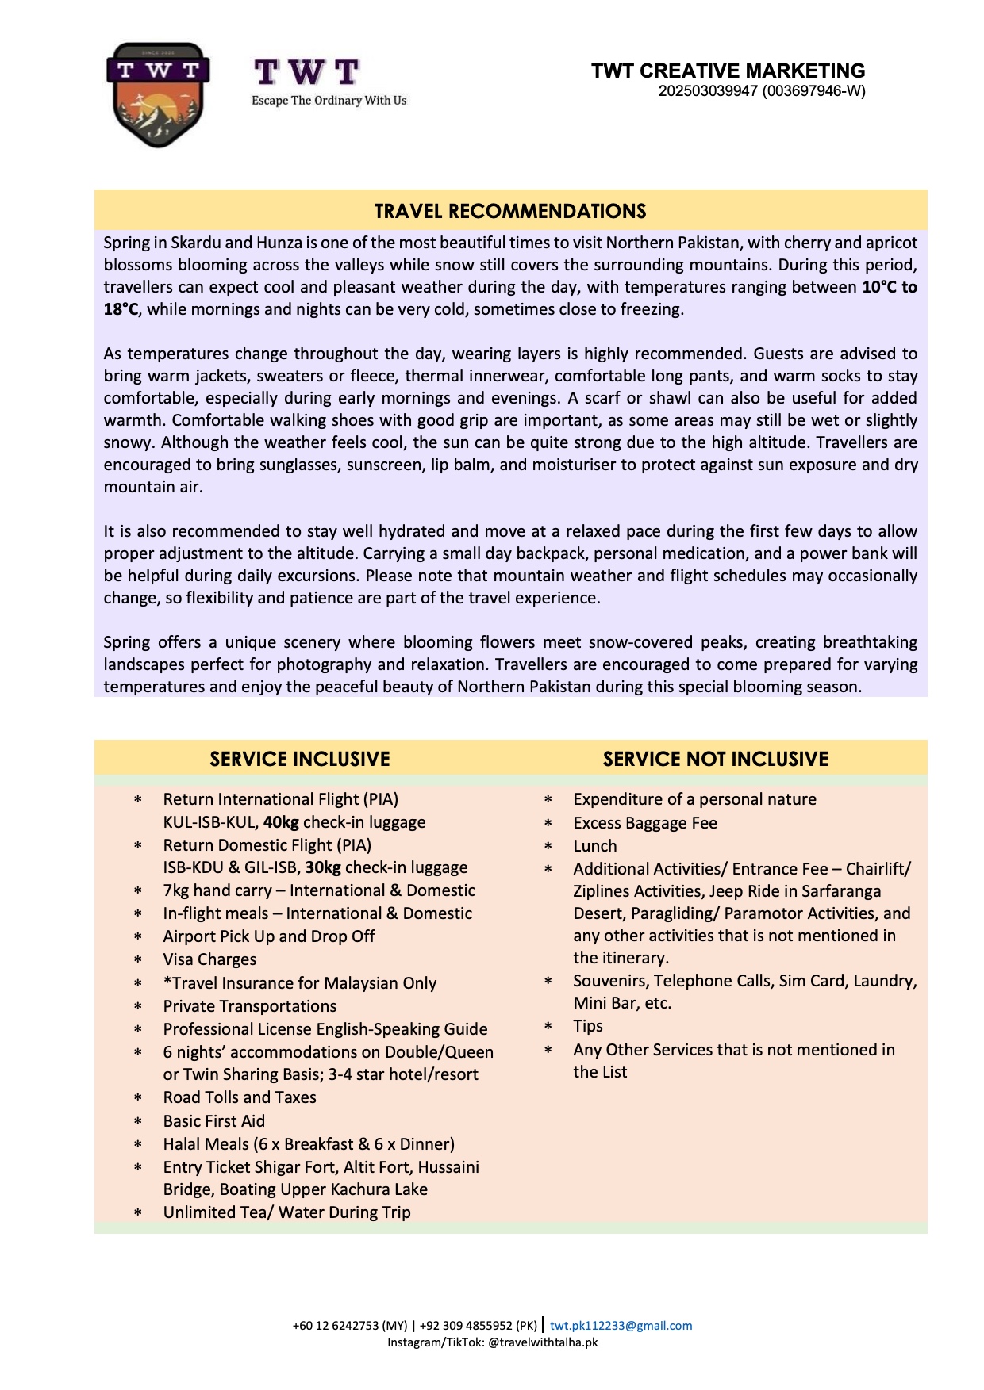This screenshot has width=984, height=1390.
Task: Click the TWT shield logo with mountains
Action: click(158, 94)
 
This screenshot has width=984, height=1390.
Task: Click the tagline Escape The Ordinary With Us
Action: click(329, 101)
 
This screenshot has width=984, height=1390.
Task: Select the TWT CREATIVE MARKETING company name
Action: click(728, 71)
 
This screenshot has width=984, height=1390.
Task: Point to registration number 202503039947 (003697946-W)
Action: click(761, 91)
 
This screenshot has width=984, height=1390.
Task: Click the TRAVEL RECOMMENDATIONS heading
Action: click(510, 211)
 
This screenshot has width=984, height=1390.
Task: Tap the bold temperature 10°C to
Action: click(889, 287)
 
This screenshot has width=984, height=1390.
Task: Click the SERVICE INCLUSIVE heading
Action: click(300, 759)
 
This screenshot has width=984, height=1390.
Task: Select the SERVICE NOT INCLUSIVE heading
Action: click(715, 759)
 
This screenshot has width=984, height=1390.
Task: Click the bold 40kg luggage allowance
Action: click(281, 822)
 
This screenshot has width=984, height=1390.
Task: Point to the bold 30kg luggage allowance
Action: click(323, 867)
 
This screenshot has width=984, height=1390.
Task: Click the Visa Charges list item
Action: click(209, 959)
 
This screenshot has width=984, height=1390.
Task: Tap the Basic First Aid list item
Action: click(214, 1121)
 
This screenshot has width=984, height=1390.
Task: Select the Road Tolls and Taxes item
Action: click(240, 1097)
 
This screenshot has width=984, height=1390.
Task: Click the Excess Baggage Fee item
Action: click(645, 823)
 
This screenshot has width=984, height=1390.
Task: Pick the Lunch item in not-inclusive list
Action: click(595, 846)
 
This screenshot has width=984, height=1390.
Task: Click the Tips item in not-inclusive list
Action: click(588, 1026)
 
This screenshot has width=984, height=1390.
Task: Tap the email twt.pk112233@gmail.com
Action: click(621, 1326)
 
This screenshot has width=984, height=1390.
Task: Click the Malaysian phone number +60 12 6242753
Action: click(349, 1326)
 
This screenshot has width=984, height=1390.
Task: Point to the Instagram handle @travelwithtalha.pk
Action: click(543, 1342)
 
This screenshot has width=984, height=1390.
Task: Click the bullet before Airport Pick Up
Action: click(138, 937)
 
